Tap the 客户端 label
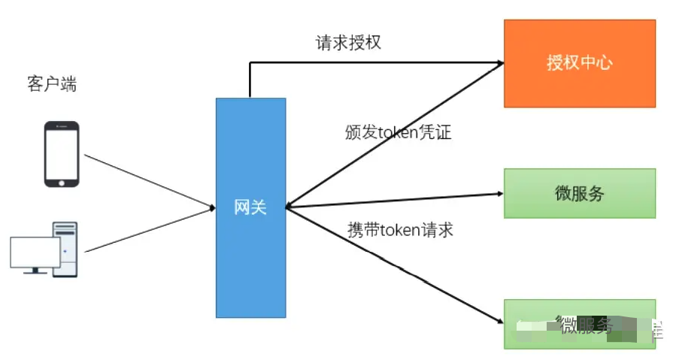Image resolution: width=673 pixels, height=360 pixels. click(52, 84)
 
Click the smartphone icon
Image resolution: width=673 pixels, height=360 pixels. click(62, 155)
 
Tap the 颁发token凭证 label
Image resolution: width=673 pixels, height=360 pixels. click(398, 132)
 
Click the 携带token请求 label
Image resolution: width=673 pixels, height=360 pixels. click(400, 230)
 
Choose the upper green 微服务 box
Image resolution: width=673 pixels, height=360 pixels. click(579, 193)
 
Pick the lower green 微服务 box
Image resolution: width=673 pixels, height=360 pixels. click(579, 324)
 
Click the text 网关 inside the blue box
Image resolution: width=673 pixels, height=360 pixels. click(250, 207)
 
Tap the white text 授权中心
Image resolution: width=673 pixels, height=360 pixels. click(579, 62)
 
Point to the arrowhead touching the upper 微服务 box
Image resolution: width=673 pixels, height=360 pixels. click(498, 193)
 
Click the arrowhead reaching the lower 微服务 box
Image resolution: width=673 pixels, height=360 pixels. click(498, 320)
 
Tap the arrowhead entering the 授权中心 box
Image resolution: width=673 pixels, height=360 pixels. click(498, 64)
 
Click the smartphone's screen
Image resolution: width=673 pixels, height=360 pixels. click(62, 153)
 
